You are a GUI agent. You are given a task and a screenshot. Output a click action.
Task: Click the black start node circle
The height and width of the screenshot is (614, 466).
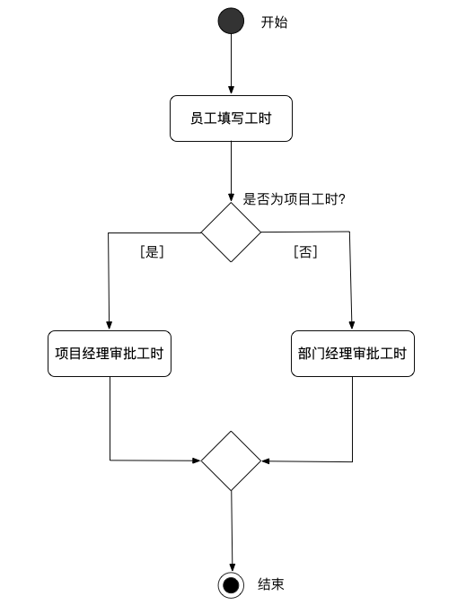[x=231, y=22]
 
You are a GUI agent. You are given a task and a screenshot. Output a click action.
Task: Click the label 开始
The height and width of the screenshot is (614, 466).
[x=274, y=22]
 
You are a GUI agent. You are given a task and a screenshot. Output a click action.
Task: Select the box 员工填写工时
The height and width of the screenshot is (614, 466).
[x=231, y=118]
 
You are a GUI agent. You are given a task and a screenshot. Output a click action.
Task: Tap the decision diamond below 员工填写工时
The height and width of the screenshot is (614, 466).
[x=231, y=232]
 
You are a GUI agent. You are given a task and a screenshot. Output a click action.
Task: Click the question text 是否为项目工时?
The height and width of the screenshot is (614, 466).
[x=295, y=199]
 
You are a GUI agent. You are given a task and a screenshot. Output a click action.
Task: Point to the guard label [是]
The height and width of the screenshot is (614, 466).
[x=152, y=252]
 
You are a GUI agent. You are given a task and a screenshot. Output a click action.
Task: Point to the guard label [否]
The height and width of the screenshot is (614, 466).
[x=305, y=252]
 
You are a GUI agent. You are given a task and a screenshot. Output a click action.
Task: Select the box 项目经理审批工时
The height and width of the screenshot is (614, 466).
[x=109, y=354]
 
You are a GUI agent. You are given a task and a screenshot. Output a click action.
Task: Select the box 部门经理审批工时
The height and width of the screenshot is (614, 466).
[x=352, y=354]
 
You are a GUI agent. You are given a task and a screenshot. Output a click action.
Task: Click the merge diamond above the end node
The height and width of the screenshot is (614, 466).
[x=231, y=460]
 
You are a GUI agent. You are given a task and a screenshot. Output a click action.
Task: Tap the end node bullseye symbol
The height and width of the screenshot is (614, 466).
[x=232, y=585]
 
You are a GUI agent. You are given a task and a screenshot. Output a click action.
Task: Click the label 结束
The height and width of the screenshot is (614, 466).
[x=271, y=585]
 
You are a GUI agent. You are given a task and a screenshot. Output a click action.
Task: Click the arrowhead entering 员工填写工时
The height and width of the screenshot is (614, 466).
[x=231, y=90]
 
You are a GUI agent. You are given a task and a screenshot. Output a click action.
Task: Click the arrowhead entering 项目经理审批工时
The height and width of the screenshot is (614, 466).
[x=109, y=325]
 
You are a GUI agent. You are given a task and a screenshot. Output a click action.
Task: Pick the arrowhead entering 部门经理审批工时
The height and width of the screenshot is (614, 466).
[x=352, y=325]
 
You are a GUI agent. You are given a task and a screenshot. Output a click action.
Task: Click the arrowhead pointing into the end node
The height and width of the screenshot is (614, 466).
[x=232, y=566]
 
